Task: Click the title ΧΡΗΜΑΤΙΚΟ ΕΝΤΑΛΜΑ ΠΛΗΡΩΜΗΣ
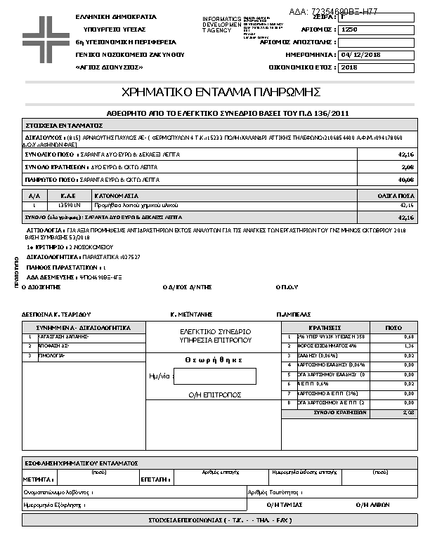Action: coord(221,93)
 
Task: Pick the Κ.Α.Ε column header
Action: coord(68,195)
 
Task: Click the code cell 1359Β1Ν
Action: coord(68,205)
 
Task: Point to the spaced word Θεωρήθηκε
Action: coord(214,359)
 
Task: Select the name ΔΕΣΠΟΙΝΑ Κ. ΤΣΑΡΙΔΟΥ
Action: coord(57,315)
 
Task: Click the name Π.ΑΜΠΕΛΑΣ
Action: coord(294,315)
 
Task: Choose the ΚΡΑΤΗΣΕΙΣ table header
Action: coord(325,328)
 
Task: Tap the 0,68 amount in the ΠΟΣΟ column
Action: coord(409,337)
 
